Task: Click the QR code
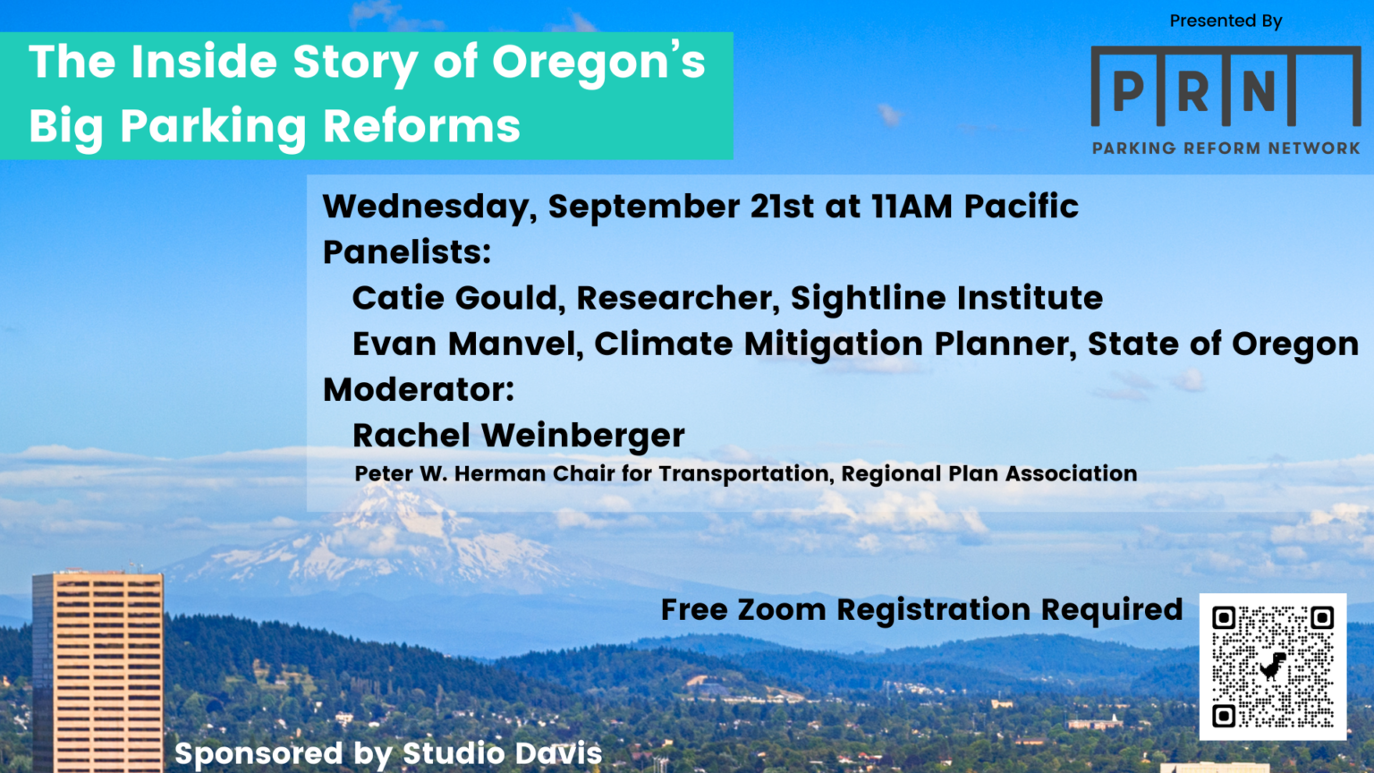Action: point(1272,667)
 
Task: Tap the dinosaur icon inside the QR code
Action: point(1273,667)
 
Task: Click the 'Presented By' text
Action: point(1226,21)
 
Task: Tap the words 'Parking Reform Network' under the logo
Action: point(1226,149)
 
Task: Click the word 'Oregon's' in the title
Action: point(598,63)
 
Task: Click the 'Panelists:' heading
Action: point(407,252)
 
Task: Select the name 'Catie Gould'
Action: point(454,298)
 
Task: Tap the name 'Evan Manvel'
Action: point(466,344)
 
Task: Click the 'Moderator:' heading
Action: point(419,390)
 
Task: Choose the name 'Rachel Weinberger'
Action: point(518,436)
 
